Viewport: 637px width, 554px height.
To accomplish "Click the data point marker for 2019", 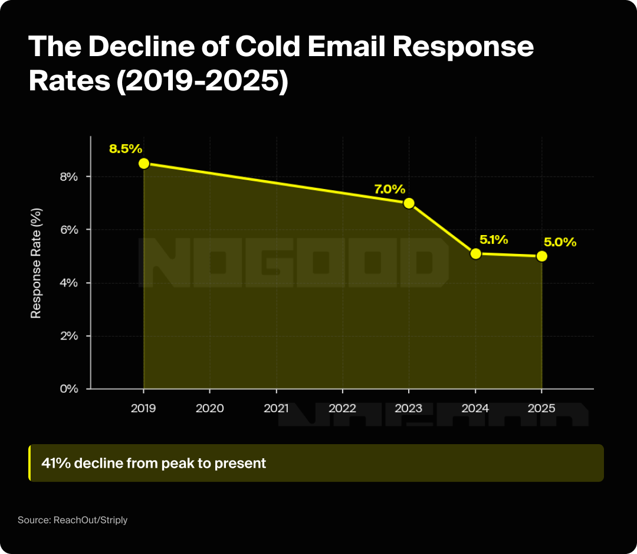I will pos(143,164).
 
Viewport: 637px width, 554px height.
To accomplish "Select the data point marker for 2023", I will pos(409,203).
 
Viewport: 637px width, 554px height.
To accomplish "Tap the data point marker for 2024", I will pos(476,253).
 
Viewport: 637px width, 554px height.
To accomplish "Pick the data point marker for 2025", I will pos(542,256).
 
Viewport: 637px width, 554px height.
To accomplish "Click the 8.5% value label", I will pos(126,148).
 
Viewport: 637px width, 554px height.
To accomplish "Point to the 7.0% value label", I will pos(389,189).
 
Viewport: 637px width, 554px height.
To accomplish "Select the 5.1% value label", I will pos(494,240).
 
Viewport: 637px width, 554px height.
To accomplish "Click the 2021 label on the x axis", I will pos(276,408).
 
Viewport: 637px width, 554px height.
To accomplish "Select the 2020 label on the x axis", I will pos(210,408).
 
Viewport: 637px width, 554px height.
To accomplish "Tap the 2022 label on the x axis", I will pos(343,408).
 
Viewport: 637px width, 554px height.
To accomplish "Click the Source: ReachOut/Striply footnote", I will pos(73,520).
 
